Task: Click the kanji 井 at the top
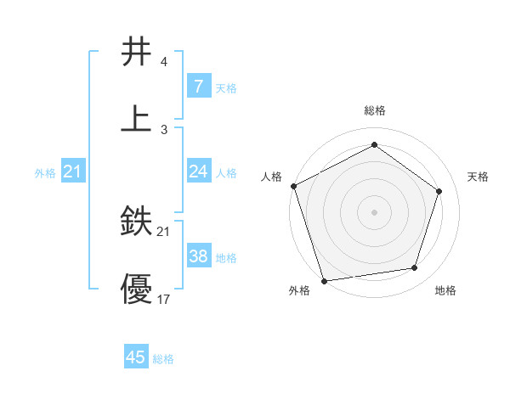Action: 137,53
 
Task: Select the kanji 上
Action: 137,118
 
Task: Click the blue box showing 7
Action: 198,87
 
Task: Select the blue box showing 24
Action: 198,171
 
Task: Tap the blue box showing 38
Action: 198,256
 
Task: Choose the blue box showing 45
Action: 136,357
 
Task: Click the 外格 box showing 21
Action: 73,171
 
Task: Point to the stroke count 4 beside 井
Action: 163,63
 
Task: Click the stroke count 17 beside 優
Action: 164,299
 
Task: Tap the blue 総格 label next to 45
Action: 163,359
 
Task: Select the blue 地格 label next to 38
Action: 226,257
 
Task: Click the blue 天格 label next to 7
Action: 226,87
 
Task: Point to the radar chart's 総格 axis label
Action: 374,111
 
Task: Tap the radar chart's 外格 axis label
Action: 298,290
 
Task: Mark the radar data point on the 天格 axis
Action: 439,191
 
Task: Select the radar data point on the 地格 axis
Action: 415,268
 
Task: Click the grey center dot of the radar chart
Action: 374,211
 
